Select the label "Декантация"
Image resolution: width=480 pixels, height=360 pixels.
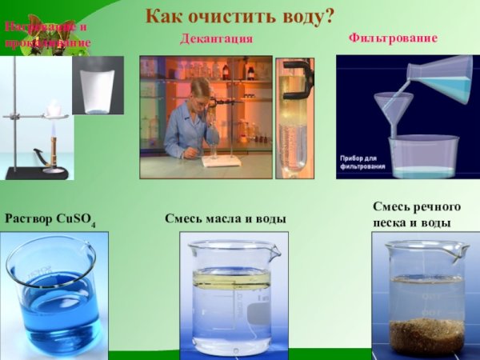pyautogui.click(x=216, y=38)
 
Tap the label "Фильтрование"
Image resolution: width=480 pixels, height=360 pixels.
pyautogui.click(x=393, y=38)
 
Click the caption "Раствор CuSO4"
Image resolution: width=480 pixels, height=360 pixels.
pyautogui.click(x=50, y=218)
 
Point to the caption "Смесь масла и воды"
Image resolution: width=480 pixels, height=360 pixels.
pyautogui.click(x=225, y=218)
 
